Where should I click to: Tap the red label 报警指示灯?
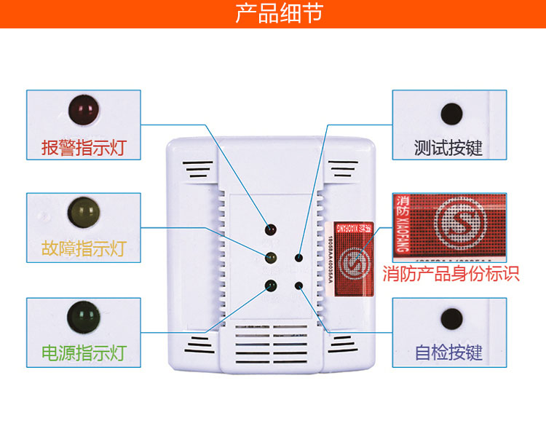83,148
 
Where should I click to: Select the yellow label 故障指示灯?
83,249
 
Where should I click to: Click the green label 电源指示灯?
83,355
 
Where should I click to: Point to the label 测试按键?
448,148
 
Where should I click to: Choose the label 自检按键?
448,354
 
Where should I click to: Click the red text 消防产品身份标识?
451,275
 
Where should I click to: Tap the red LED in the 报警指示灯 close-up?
83,109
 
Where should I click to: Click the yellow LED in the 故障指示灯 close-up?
83,212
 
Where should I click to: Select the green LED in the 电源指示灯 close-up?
82,315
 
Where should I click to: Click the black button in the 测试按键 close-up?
451,114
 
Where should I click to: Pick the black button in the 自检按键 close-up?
451,318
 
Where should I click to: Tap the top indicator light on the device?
270,230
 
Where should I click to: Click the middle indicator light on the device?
270,257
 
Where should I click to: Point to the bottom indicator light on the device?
270,285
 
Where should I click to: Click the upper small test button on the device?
298,257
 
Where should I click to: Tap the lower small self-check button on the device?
298,285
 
